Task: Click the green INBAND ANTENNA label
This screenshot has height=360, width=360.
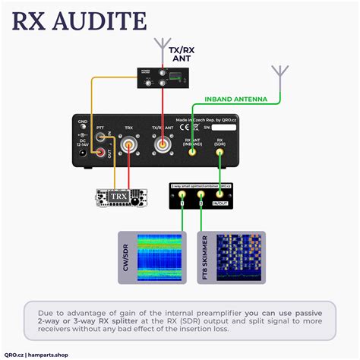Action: tap(239, 99)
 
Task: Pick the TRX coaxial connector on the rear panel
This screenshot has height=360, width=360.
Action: tap(129, 147)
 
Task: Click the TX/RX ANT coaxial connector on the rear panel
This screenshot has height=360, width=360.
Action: tap(162, 147)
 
